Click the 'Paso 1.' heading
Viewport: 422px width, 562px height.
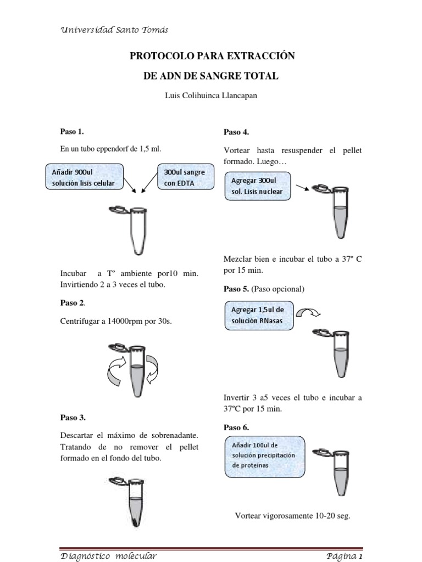coord(71,131)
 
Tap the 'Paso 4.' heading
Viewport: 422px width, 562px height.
coord(236,132)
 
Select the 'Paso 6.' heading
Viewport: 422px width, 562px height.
coord(236,427)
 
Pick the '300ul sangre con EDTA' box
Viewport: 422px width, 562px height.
coord(185,177)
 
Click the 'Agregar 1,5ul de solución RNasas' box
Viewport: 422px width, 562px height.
coord(258,316)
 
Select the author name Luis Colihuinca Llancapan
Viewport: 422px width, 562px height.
coord(211,95)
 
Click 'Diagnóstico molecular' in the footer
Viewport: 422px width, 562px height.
coord(108,555)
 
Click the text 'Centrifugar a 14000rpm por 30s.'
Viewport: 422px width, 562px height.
coord(116,321)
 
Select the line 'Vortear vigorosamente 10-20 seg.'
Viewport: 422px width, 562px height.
coord(292,516)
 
